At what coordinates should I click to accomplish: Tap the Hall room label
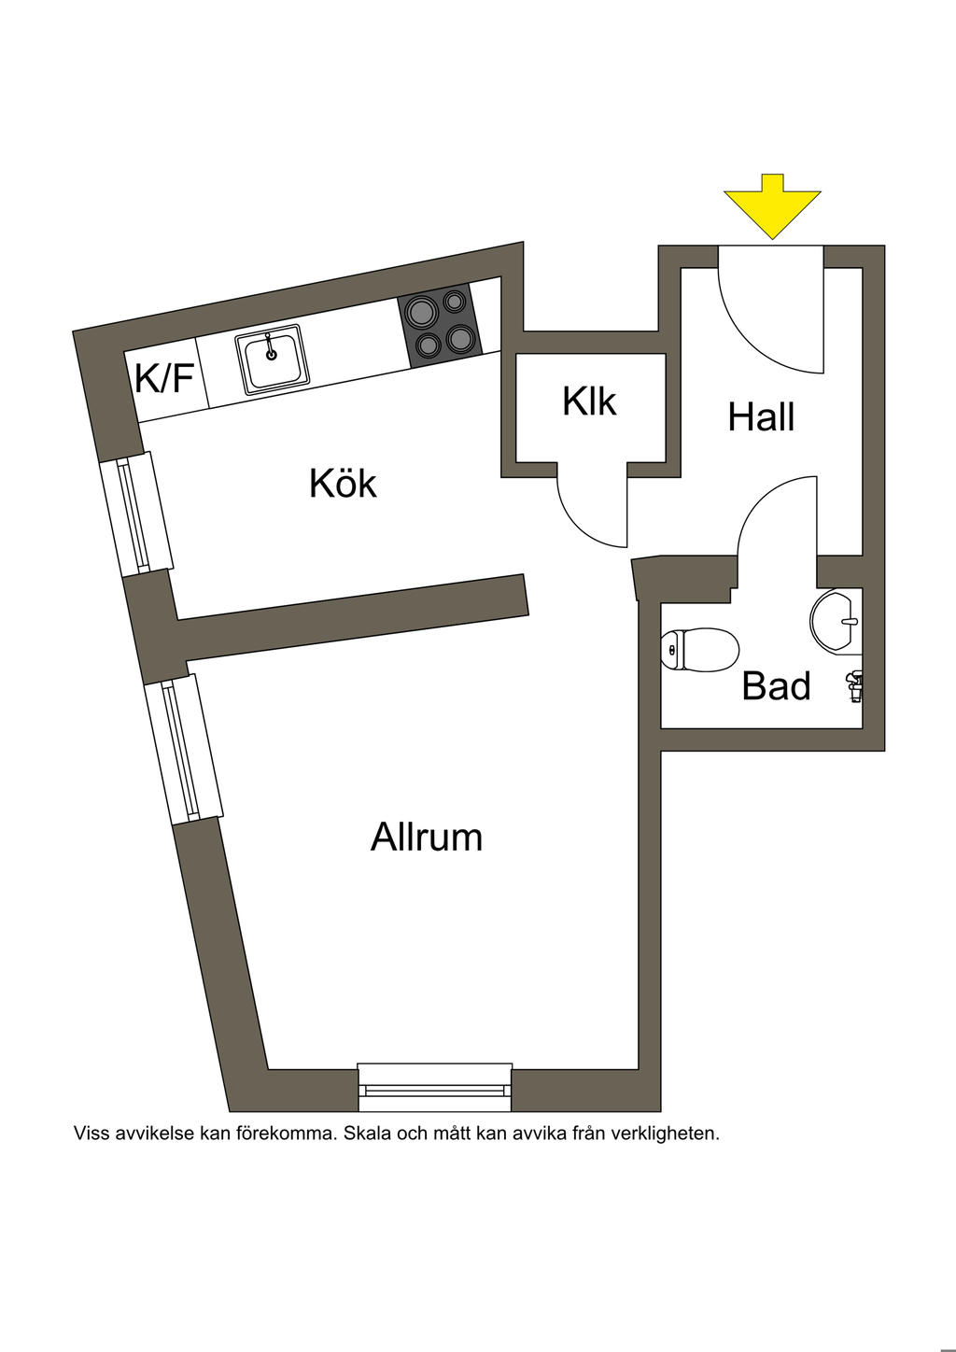pos(761,416)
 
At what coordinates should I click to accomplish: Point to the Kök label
pos(343,483)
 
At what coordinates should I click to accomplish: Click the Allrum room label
pos(427,837)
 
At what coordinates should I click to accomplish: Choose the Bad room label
pos(776,686)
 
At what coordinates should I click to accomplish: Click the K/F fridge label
pos(164,378)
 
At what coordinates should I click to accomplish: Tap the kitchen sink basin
pos(273,359)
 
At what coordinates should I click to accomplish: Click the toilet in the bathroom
pos(700,650)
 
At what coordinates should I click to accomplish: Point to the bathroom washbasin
pos(836,621)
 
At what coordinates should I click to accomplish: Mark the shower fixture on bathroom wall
pos(854,686)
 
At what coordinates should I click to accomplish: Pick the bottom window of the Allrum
pos(434,1092)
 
